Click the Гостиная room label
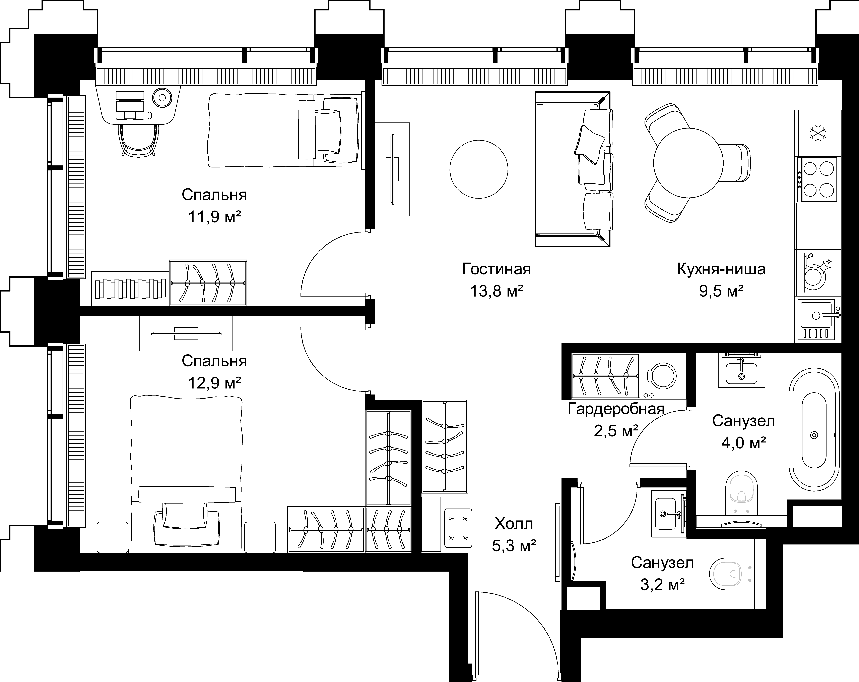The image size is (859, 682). click(x=497, y=269)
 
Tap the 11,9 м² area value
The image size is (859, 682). click(x=214, y=217)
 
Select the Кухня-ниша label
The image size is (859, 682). click(x=721, y=269)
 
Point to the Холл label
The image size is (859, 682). click(x=514, y=523)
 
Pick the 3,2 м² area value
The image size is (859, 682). click(x=662, y=585)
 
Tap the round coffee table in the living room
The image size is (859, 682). click(x=478, y=169)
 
